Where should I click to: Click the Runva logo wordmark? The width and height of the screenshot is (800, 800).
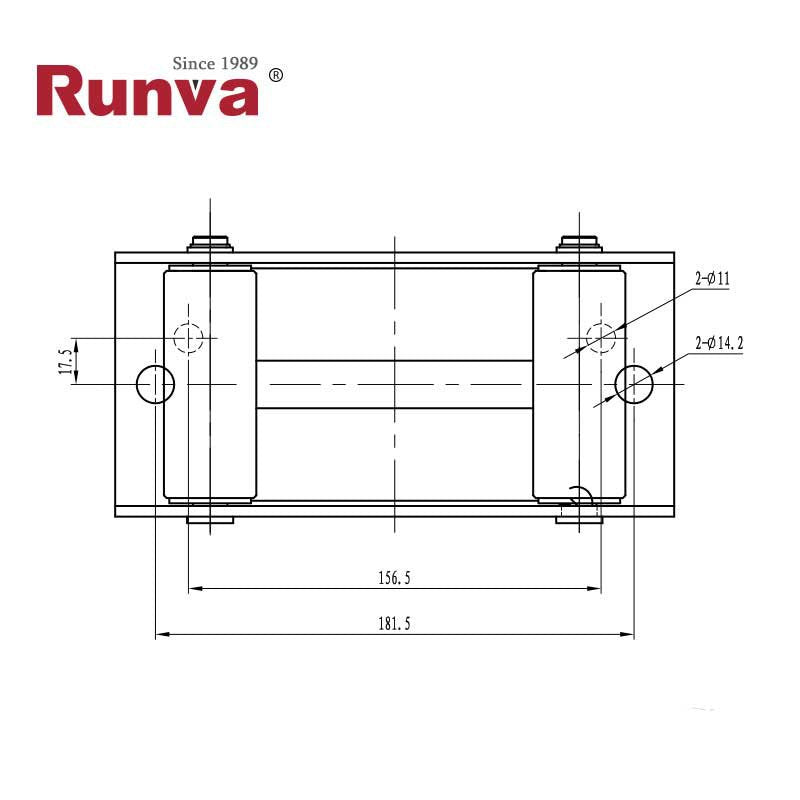(147, 93)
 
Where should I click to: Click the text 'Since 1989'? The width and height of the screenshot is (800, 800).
(215, 63)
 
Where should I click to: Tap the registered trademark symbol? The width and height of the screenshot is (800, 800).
(277, 76)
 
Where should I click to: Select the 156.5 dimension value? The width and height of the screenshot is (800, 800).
(394, 577)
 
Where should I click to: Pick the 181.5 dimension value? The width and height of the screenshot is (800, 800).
(394, 623)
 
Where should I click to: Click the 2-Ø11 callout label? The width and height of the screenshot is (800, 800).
(713, 280)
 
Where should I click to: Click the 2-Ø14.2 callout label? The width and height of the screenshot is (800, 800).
(719, 343)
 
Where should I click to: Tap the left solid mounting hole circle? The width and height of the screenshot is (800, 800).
(156, 384)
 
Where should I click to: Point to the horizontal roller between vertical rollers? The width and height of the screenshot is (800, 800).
(394, 384)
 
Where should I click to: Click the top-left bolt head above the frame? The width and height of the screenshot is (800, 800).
(210, 243)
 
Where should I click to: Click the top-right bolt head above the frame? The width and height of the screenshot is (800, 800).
(580, 243)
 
